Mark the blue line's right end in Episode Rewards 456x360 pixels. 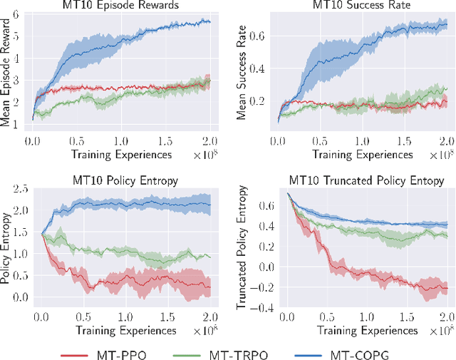(210, 22)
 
